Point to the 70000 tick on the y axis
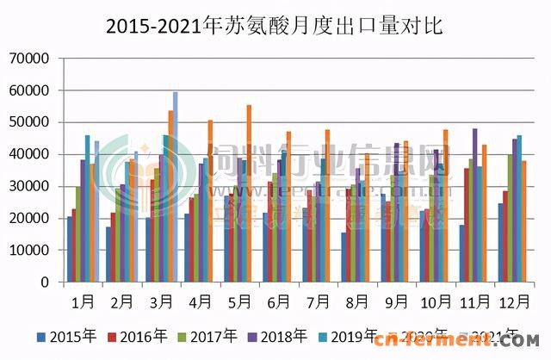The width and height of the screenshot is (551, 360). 33,59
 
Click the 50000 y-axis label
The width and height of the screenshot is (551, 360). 33,122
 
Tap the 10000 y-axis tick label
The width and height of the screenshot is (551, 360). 33,251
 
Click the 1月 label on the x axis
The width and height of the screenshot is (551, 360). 84,302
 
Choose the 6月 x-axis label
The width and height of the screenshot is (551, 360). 279,302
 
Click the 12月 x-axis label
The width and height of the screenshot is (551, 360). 514,302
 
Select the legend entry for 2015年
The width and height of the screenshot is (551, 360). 67,336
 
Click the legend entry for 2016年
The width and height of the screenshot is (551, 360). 142,336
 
